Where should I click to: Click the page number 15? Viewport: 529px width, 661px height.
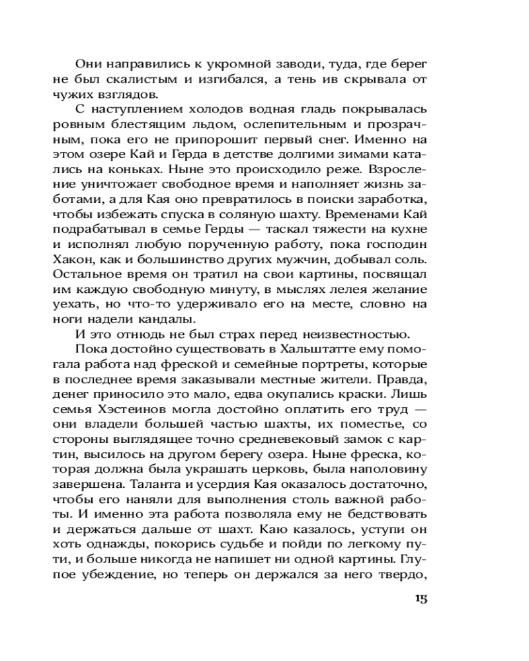point(421,599)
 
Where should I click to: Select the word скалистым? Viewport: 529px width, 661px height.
point(150,80)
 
